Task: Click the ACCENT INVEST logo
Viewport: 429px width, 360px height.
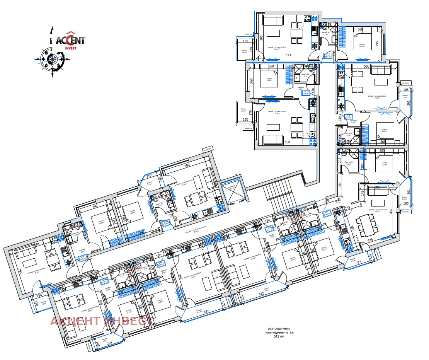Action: (x=70, y=39)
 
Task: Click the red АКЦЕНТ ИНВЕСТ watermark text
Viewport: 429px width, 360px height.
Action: (x=101, y=321)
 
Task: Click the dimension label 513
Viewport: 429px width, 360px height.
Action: (x=288, y=55)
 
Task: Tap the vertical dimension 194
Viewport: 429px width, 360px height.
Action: (x=340, y=185)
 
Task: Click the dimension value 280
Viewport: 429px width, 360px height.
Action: (x=95, y=206)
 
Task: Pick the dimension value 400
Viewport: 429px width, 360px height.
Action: (x=187, y=165)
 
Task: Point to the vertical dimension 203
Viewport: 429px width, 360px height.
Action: (x=340, y=160)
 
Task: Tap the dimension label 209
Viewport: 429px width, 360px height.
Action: (x=327, y=202)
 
